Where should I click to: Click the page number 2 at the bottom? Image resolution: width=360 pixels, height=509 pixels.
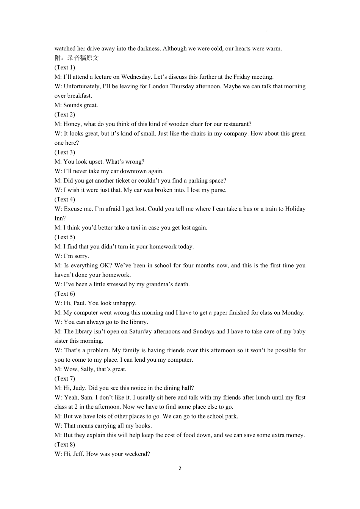[180, 468]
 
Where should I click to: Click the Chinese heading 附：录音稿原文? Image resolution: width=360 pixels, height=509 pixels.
[77, 58]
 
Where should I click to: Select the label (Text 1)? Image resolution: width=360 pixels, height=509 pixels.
[65, 67]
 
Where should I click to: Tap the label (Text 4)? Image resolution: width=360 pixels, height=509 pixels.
[65, 199]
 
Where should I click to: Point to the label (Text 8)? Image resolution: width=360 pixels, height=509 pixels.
[65, 445]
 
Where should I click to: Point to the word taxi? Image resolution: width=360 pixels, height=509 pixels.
[133, 228]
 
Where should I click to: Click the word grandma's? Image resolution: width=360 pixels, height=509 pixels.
[157, 284]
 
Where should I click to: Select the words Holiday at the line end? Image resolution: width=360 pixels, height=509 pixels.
[295, 209]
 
